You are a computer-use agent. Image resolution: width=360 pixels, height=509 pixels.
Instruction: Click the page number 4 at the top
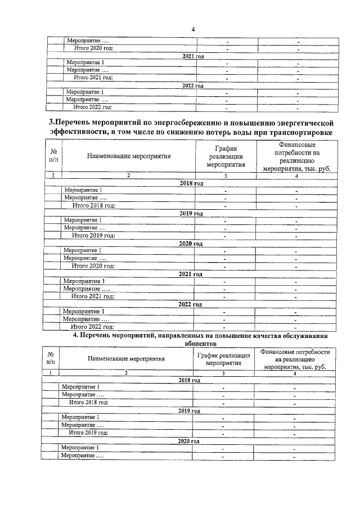192,29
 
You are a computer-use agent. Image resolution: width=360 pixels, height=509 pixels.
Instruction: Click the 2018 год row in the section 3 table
191,183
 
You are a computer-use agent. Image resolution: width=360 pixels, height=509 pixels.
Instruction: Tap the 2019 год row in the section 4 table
189,411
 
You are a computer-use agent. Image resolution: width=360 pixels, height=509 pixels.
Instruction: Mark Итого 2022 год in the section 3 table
92,326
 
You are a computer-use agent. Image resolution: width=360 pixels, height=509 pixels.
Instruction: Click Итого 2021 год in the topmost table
93,77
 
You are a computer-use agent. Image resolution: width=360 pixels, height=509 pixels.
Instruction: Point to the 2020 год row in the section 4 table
189,440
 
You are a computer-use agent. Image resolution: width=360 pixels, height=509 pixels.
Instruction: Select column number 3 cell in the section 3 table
225,175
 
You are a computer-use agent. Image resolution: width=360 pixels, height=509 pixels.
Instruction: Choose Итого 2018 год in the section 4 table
88,402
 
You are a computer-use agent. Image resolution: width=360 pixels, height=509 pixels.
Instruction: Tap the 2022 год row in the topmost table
192,85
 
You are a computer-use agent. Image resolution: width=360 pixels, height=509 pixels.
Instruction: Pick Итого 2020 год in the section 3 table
93,265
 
